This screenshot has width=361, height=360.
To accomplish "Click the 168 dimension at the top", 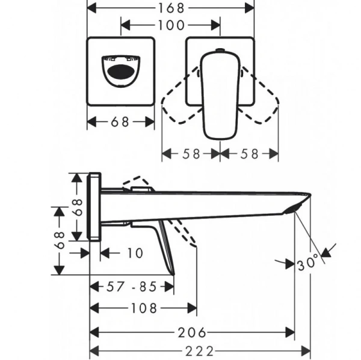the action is click(171, 8).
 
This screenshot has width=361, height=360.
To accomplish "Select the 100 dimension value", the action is click(171, 25).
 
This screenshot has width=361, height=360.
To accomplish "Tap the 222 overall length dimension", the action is click(200, 351).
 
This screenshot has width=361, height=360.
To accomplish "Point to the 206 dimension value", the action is click(192, 332).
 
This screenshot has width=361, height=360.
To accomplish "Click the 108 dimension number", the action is click(144, 308).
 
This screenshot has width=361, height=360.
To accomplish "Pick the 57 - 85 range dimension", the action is click(131, 287).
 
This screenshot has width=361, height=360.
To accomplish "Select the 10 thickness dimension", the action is click(135, 253).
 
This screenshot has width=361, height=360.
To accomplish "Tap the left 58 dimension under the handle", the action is click(191, 154).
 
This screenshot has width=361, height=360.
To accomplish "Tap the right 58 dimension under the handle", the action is click(249, 154).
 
